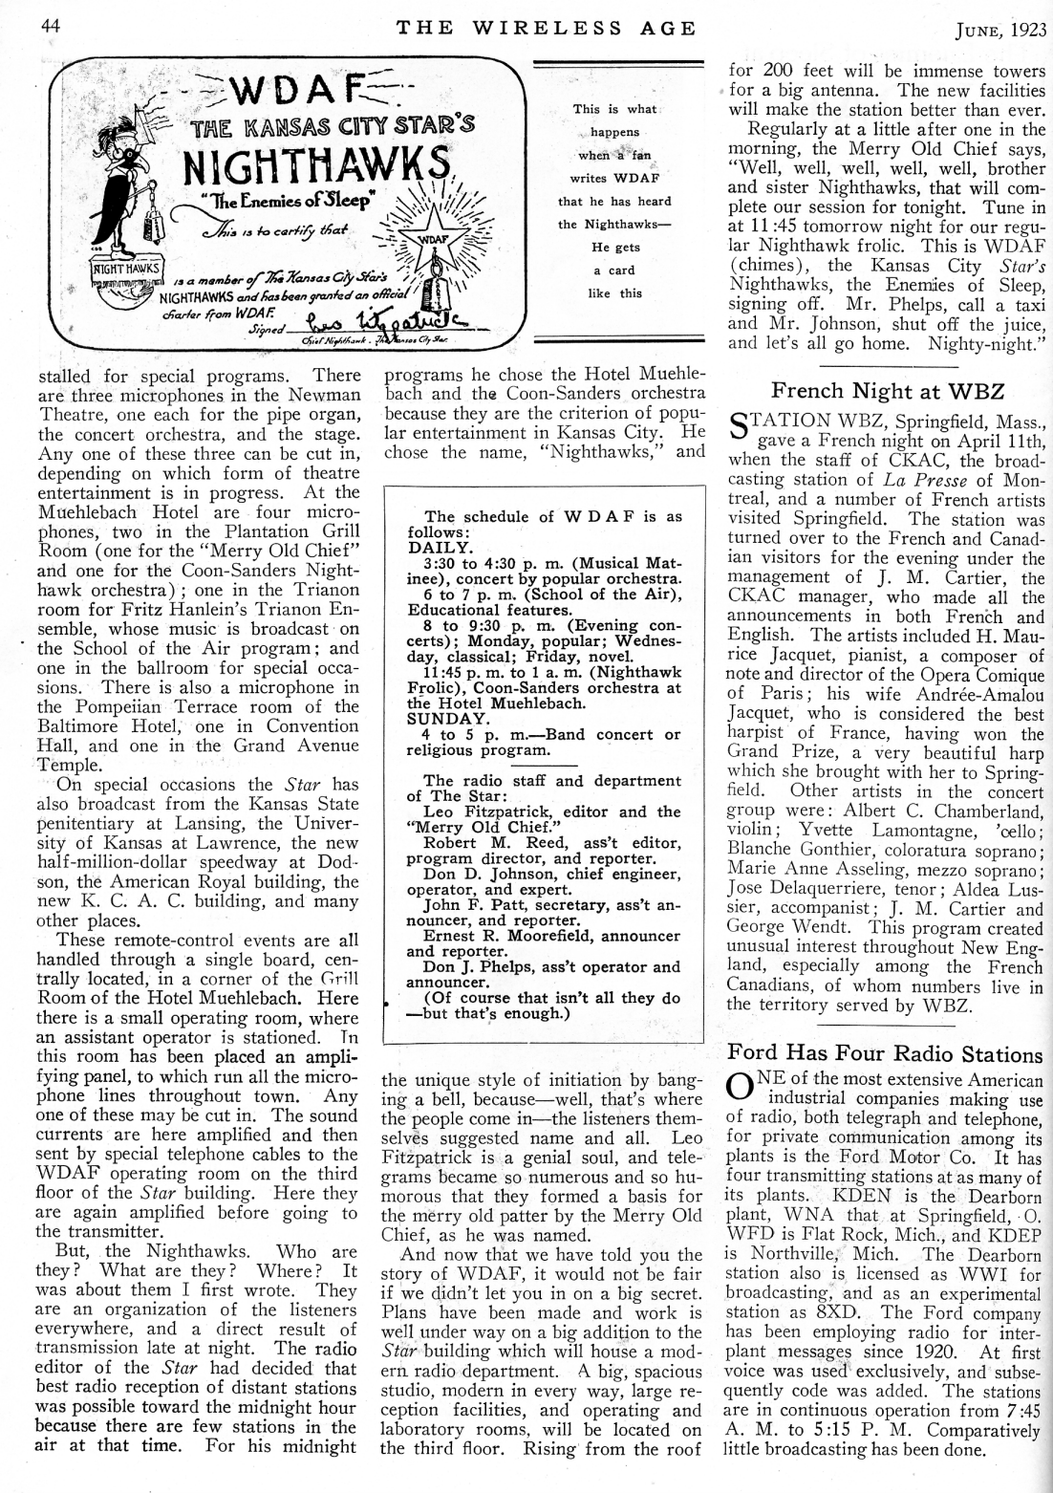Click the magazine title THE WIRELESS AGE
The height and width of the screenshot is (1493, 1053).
pos(547,28)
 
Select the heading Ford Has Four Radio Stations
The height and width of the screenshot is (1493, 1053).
pos(884,1053)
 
